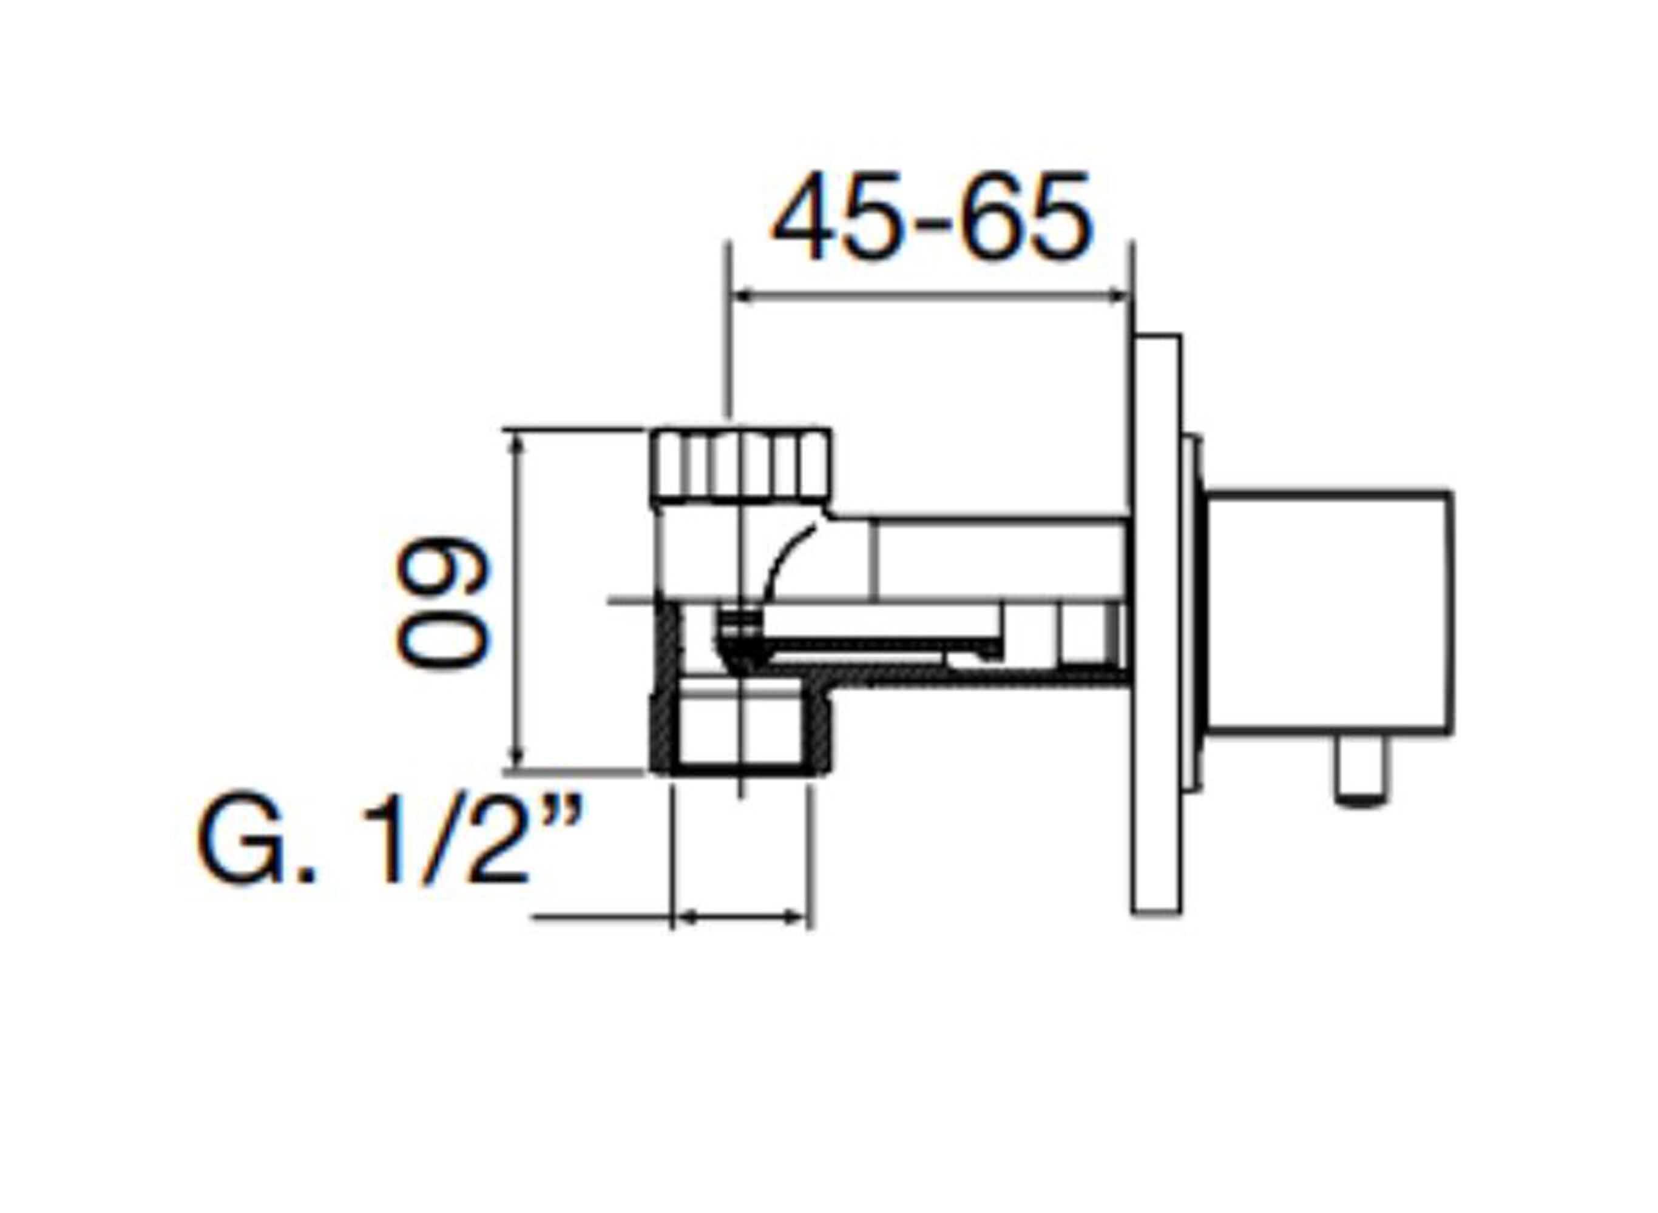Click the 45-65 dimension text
[x=932, y=217]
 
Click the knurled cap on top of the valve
[x=740, y=465]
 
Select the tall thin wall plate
[x=1156, y=624]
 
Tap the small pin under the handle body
[x=1361, y=771]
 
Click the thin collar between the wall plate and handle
[x=1193, y=613]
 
